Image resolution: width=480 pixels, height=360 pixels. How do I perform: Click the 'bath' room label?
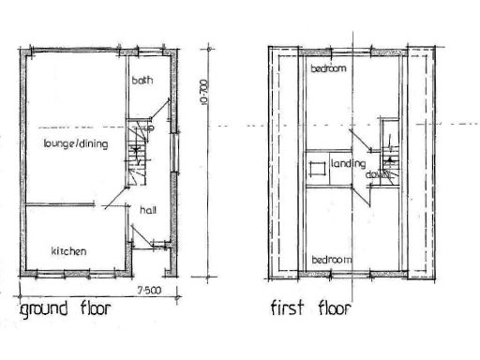click(x=142, y=81)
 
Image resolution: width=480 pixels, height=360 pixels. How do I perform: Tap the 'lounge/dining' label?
click(x=76, y=143)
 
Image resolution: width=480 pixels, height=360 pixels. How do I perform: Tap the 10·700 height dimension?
click(x=204, y=94)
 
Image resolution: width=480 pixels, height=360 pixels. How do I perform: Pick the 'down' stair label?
click(x=378, y=174)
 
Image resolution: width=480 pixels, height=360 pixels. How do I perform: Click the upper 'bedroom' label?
click(x=330, y=68)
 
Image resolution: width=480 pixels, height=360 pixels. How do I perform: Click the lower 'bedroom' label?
click(x=333, y=258)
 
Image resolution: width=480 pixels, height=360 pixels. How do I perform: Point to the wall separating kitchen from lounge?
click(x=58, y=204)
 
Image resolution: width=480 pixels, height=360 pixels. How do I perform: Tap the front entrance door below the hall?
click(x=143, y=246)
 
